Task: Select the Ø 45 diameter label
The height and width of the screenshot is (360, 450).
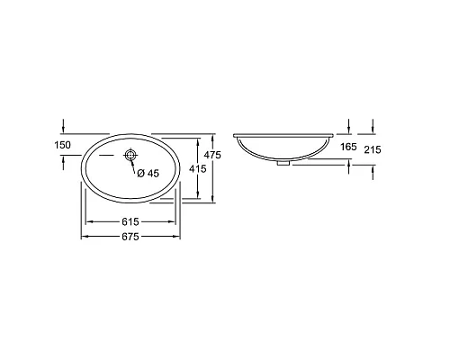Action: tap(148, 174)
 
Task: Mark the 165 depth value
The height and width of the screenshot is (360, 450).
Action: tap(348, 145)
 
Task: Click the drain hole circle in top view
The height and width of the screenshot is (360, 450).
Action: tap(131, 157)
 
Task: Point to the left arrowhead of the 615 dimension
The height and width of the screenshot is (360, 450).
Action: tap(88, 220)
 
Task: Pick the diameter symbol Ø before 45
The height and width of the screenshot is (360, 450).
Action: tap(140, 174)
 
